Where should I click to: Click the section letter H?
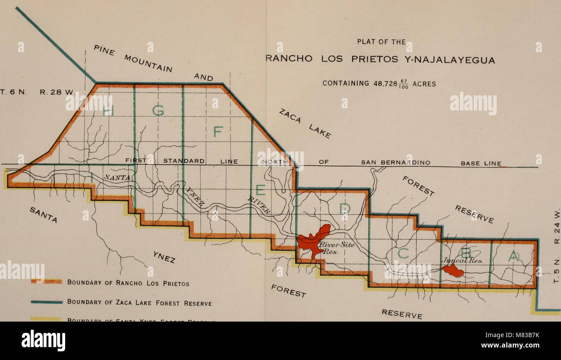(108, 111)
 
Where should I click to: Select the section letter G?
(158, 111)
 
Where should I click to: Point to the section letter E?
(261, 190)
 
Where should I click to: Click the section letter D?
(344, 209)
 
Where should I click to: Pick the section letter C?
(403, 254)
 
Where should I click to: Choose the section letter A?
(513, 256)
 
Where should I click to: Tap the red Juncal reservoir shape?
(454, 271)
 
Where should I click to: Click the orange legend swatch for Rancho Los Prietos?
(47, 282)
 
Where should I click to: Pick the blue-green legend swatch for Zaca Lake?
(47, 302)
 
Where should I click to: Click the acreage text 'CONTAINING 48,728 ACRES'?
(379, 84)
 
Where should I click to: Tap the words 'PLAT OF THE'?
(381, 42)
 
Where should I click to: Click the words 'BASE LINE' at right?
(481, 163)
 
